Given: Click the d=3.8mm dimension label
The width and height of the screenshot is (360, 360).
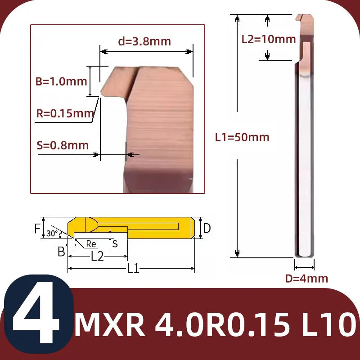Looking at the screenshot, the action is tap(144, 41).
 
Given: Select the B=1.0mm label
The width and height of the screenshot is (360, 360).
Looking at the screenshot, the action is tap(61, 81).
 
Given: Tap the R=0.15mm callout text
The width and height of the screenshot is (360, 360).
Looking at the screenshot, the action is tap(65, 113).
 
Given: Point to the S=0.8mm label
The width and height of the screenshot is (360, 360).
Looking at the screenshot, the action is tap(63, 145).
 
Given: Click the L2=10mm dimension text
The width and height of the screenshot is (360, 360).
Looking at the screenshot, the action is tap(269, 39).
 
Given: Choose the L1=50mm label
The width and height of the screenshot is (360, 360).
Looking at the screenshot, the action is tap(242, 137).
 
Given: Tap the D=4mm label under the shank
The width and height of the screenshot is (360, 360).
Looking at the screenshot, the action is tap(306, 279).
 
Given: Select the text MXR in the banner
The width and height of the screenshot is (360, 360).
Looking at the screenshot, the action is tap(110, 324).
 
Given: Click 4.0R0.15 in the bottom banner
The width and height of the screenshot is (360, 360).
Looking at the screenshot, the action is tap(222, 324).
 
